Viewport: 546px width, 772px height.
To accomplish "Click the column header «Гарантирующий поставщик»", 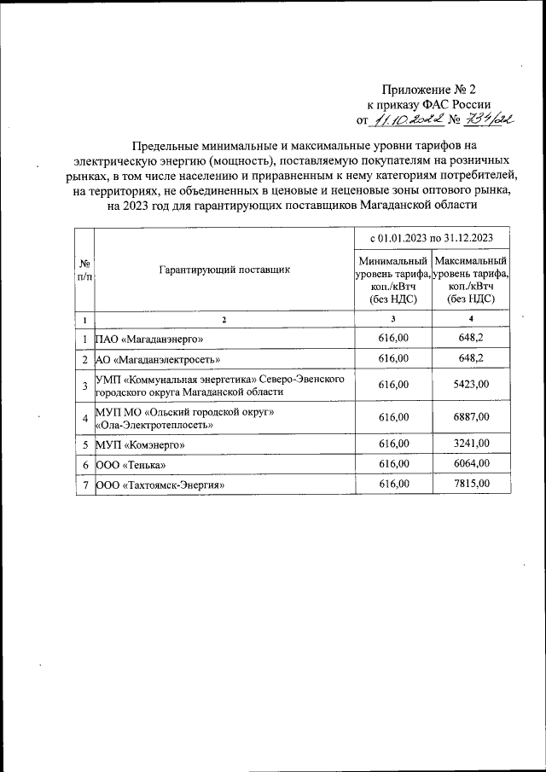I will tap(224, 269).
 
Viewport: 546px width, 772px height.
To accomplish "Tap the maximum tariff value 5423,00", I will tap(471, 386).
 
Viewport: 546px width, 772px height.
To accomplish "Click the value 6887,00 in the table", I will tap(471, 417).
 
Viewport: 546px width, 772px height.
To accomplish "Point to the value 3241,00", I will tap(471, 444).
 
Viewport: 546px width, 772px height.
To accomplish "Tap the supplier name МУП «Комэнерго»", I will tap(140, 444).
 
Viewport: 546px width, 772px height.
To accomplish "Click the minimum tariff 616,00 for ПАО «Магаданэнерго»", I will tap(392, 339).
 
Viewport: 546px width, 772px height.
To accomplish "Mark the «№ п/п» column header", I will tap(85, 269).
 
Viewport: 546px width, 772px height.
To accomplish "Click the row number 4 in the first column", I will tap(85, 418).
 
